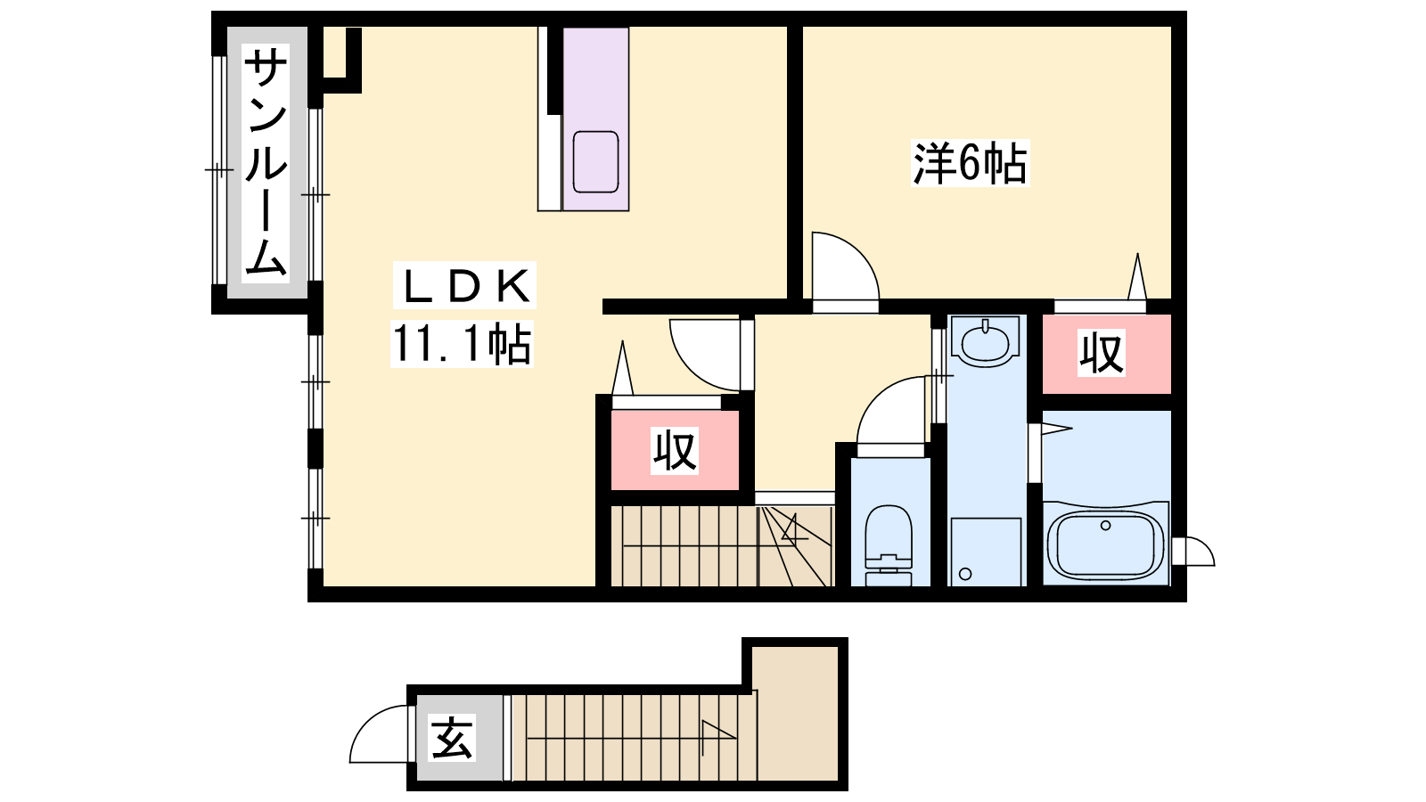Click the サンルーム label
pos(266,164)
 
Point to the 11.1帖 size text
pos(462,344)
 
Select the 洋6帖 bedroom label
pos(971,163)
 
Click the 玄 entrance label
pos(452,738)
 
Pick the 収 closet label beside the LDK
pos(675,451)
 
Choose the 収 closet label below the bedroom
pos(1102,352)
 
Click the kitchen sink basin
pos(596,161)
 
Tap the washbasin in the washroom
pos(986,344)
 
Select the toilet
pos(889,544)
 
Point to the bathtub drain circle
pos(1106,525)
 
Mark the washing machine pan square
pos(986,552)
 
